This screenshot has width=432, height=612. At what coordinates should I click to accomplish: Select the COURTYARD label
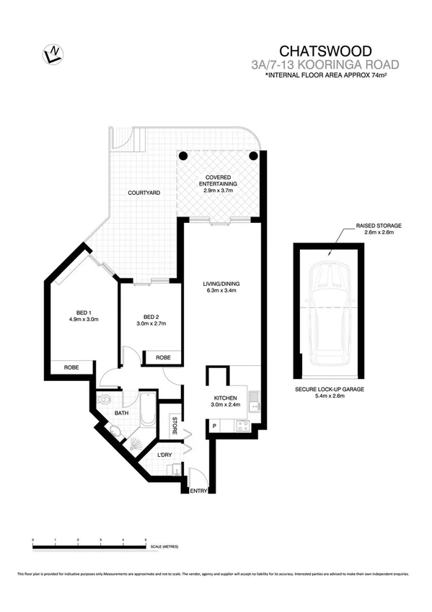click(x=144, y=193)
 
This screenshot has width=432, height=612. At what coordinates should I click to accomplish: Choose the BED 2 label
click(x=151, y=320)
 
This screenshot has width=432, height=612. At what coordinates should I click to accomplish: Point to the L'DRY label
click(x=164, y=455)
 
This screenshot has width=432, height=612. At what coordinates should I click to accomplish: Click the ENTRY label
click(x=198, y=491)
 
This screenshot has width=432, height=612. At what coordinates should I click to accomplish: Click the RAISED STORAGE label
click(x=379, y=229)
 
